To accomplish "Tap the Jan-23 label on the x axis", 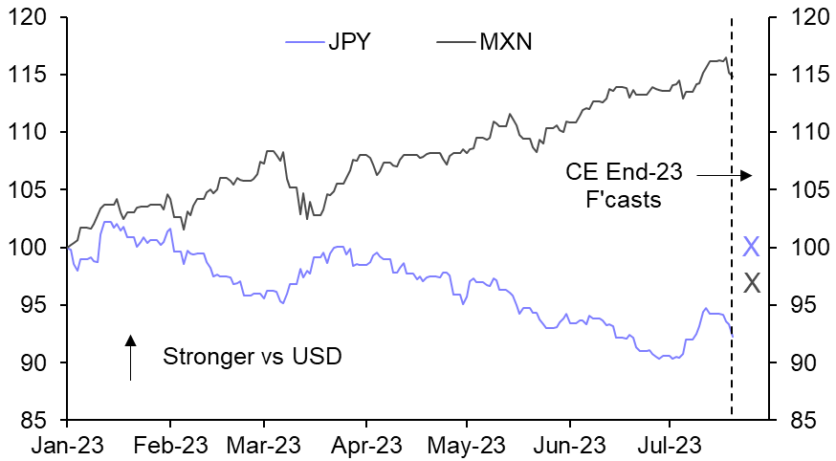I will (67, 445).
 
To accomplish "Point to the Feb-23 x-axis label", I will (169, 445).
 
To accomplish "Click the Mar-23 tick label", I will (264, 445).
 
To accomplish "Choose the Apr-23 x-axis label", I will (365, 445).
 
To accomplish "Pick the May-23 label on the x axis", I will (466, 445).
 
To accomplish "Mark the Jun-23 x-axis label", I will (569, 445).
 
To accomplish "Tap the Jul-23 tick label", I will (668, 445).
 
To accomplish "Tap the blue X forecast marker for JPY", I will (751, 248).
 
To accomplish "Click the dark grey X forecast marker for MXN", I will (752, 282).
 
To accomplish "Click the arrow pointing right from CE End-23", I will (724, 175).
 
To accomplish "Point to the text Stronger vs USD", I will (252, 358).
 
